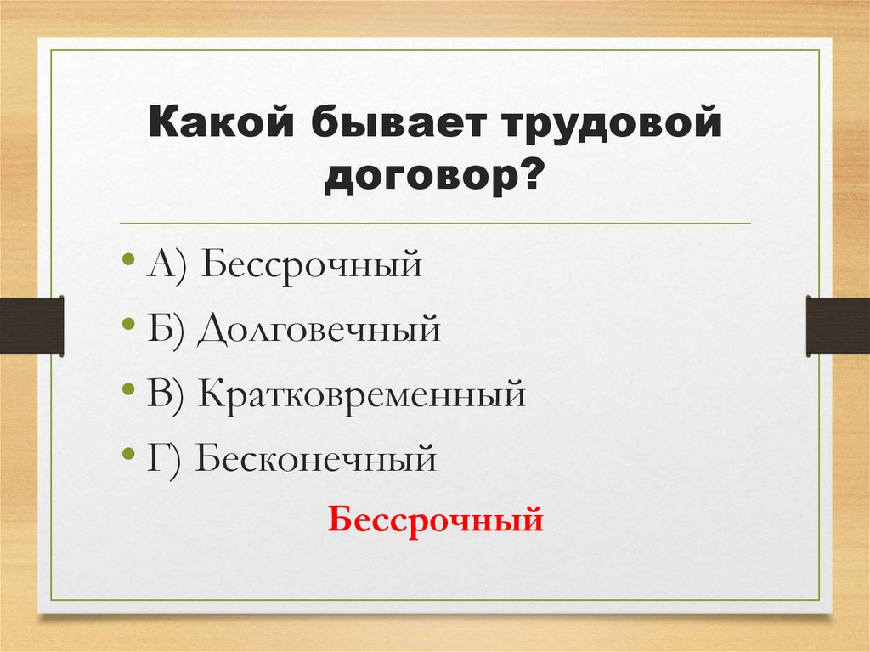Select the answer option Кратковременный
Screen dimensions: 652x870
pos(363,395)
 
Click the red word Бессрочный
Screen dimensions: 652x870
pos(435,518)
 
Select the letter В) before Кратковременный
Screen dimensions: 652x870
pos(168,395)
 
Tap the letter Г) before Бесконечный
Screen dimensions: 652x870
pos(165,460)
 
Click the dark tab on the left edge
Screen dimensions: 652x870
pos(32,325)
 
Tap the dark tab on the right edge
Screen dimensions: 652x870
pos(838,325)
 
